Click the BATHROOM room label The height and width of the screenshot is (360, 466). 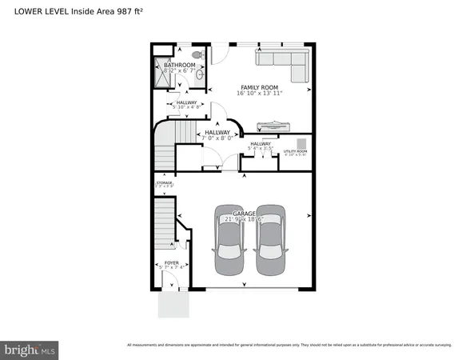point(180,65)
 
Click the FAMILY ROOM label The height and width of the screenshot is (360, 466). point(260,86)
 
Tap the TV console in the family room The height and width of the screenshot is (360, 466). point(273,124)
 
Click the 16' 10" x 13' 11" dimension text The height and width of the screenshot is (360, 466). point(260,94)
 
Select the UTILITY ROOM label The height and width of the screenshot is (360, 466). point(295,150)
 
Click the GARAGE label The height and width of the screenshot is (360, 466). point(245,214)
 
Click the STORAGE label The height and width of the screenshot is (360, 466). point(164,183)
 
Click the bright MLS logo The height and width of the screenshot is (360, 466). point(30,349)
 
